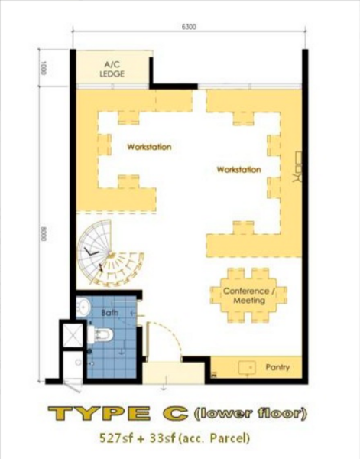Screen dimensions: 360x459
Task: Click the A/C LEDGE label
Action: point(112,69)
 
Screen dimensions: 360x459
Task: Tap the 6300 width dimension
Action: point(189,27)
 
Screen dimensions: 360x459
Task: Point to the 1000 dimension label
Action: point(44,68)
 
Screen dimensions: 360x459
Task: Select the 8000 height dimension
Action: point(44,234)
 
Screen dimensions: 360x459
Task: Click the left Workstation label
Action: point(149,147)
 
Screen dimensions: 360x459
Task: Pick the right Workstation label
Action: point(239,170)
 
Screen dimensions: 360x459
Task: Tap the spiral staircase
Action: point(109,253)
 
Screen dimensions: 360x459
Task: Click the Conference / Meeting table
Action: point(248,295)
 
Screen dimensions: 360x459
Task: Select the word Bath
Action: point(109,313)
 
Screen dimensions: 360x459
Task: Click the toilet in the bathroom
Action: point(100,335)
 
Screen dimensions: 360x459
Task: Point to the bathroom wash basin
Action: point(83,307)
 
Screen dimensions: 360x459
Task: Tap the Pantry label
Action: point(277,367)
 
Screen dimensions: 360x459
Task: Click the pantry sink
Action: point(247,368)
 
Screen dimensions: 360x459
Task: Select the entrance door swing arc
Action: point(171,331)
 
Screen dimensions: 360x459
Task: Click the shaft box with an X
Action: point(73,335)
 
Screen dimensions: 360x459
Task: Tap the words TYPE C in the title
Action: point(118,413)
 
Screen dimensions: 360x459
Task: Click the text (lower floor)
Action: point(251,413)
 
